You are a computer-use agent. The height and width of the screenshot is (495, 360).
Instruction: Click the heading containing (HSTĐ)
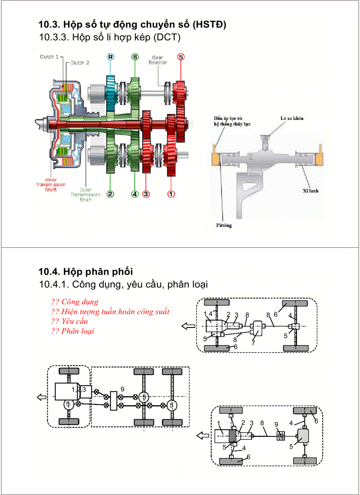tap(132, 24)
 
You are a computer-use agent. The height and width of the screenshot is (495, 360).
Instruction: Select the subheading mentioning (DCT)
tap(110, 37)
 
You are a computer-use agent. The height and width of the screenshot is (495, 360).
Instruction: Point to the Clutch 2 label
tap(80, 63)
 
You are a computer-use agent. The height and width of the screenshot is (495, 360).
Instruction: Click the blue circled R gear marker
tap(110, 57)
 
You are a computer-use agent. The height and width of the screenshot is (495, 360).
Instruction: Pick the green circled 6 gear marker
tap(135, 57)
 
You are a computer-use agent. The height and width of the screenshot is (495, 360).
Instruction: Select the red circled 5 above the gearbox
tap(180, 57)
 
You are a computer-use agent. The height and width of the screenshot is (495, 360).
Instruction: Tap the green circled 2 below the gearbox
tap(110, 194)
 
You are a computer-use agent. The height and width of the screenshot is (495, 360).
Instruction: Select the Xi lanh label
tap(311, 191)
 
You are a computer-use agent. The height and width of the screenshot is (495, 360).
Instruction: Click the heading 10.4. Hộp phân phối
tap(86, 271)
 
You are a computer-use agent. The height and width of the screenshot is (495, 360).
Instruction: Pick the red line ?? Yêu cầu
tap(70, 321)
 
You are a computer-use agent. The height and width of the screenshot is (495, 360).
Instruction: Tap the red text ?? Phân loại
tap(72, 331)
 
